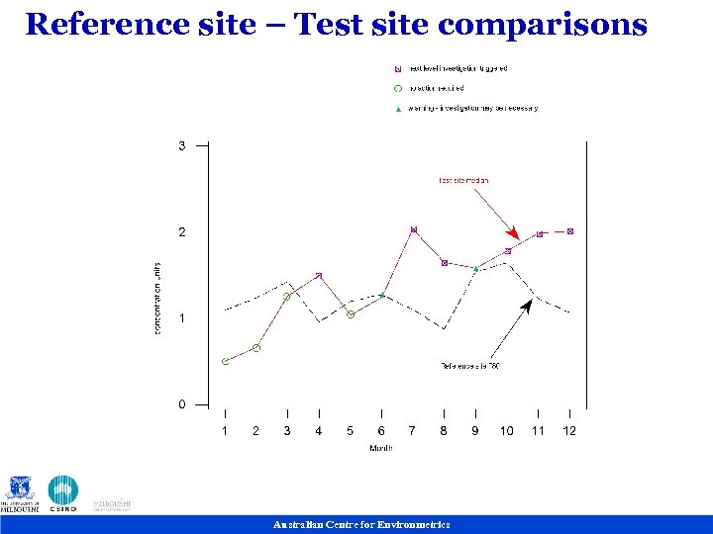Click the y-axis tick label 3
click(181, 145)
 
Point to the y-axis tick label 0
click(181, 404)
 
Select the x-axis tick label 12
click(569, 431)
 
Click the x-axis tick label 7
click(413, 431)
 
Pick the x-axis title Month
click(381, 449)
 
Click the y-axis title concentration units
click(157, 298)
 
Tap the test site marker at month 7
click(413, 229)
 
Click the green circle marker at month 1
click(225, 362)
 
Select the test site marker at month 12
click(570, 231)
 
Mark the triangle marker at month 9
click(476, 268)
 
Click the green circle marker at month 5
click(351, 314)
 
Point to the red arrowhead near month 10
click(512, 231)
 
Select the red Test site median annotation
click(463, 181)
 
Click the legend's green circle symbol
click(397, 89)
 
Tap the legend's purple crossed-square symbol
click(397, 69)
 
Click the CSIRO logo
click(63, 493)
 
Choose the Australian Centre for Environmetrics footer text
click(361, 525)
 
